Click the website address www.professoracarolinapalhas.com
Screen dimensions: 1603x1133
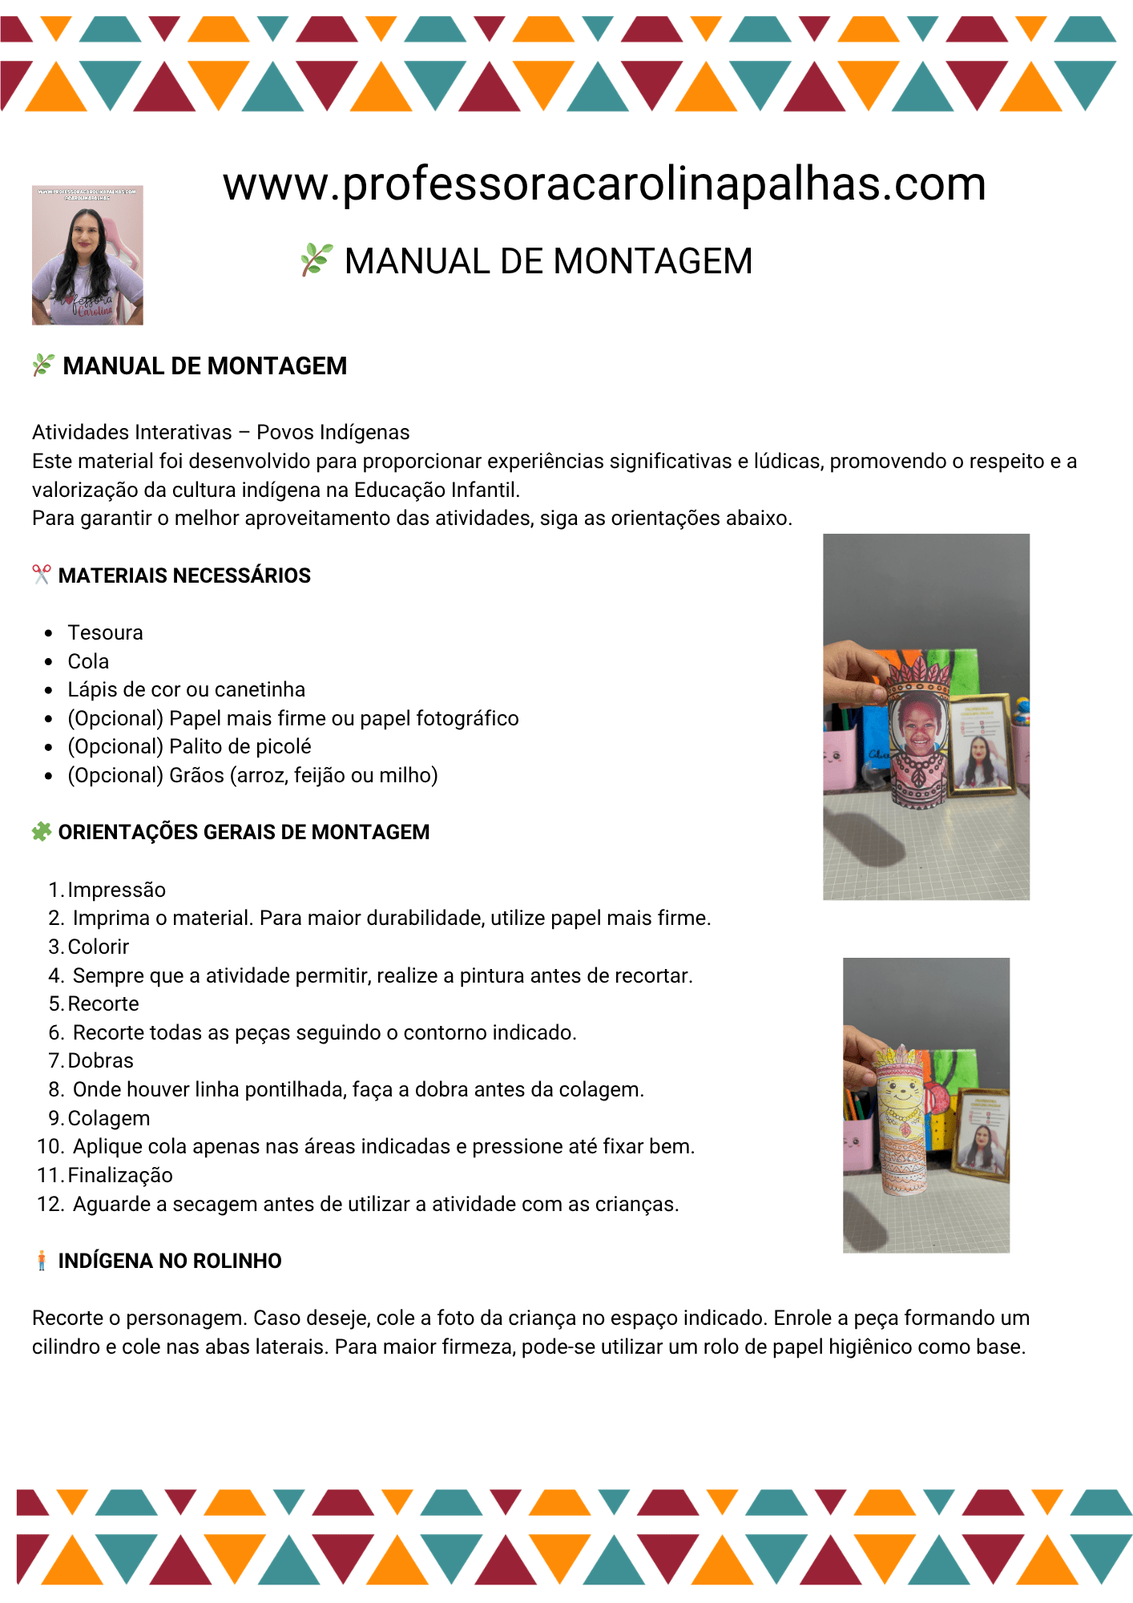click(x=604, y=184)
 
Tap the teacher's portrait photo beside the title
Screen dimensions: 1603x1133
click(x=87, y=255)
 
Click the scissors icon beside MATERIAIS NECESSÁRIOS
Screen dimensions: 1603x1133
click(x=41, y=575)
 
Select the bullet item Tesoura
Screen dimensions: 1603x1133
click(x=105, y=633)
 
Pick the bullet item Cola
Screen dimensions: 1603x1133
click(x=88, y=662)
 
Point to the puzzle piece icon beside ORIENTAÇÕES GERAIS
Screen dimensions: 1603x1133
click(x=42, y=832)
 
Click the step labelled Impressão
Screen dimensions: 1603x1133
click(x=117, y=890)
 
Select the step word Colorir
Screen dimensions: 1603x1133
click(x=99, y=947)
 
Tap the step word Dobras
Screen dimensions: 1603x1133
click(x=101, y=1061)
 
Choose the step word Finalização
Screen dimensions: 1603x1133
click(x=120, y=1176)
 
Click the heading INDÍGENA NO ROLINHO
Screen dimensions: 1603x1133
click(x=170, y=1262)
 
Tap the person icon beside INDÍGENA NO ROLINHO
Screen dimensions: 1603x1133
click(x=42, y=1261)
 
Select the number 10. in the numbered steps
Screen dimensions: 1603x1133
click(x=50, y=1147)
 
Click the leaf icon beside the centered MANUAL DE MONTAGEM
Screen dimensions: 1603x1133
click(x=317, y=260)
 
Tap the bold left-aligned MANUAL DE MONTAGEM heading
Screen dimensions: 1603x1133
click(x=205, y=366)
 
